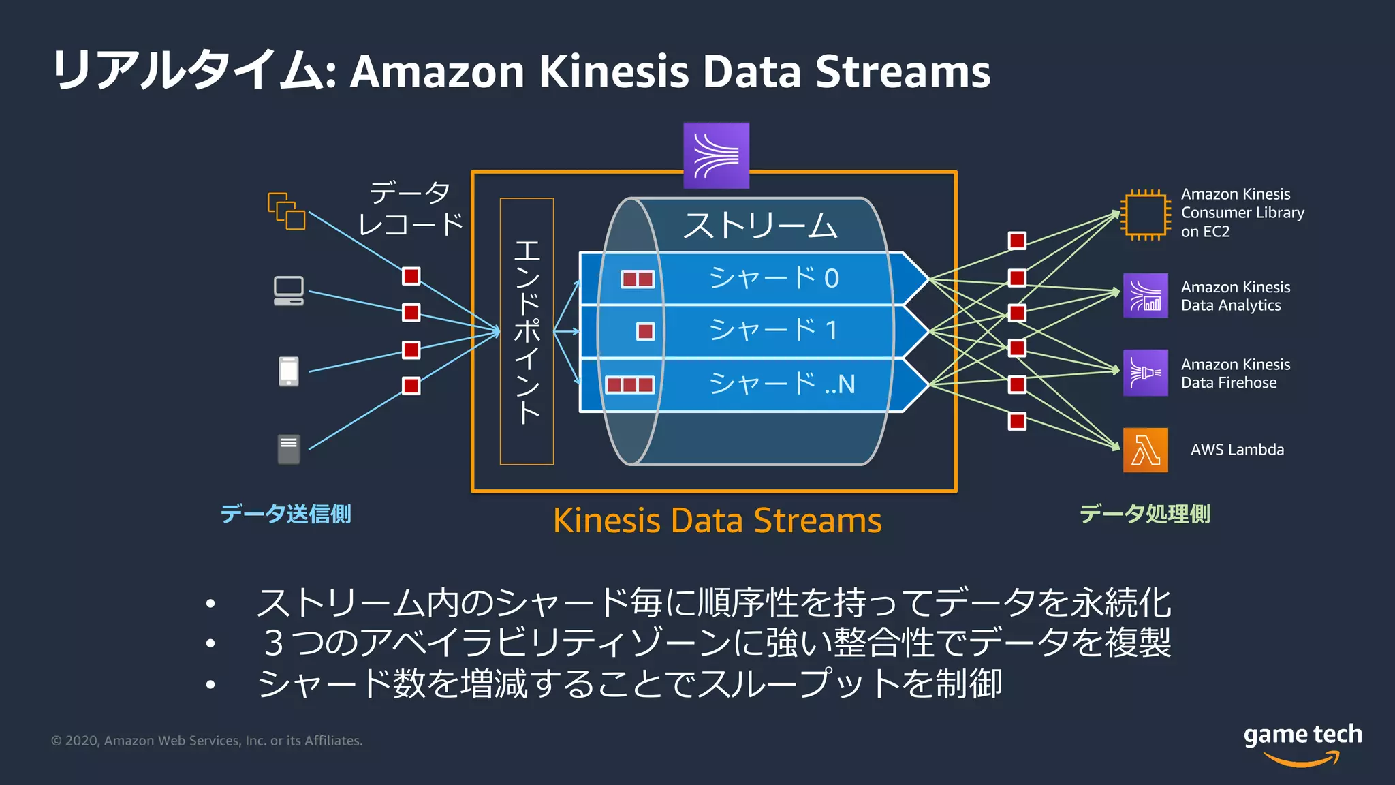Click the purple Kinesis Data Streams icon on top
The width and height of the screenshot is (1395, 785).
click(716, 155)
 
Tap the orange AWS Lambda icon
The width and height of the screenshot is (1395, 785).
click(1145, 450)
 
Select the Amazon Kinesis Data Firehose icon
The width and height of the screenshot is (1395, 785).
click(1145, 373)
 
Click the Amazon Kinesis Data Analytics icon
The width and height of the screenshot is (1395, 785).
click(1145, 296)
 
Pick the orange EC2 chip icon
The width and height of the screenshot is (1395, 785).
click(1145, 215)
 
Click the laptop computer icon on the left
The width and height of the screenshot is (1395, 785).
click(289, 291)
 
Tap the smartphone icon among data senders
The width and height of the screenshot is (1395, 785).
click(289, 371)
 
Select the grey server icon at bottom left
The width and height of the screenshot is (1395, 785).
click(289, 450)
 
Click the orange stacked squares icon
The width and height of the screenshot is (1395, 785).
click(287, 211)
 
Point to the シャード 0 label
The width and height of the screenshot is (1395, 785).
click(774, 278)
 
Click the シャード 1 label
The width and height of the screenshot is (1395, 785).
click(774, 330)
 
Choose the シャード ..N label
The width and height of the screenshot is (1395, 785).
click(782, 384)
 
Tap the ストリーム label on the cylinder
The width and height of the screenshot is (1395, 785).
click(760, 226)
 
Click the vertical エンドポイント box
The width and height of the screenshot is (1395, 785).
click(527, 331)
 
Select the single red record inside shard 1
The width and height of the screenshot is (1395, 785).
click(645, 331)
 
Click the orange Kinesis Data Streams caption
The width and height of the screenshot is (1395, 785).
click(717, 521)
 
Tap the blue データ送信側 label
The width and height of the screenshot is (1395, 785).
click(286, 514)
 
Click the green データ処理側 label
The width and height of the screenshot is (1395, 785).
click(1145, 514)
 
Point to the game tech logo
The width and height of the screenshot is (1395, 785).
click(1302, 743)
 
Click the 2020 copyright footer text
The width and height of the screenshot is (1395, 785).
click(207, 741)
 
